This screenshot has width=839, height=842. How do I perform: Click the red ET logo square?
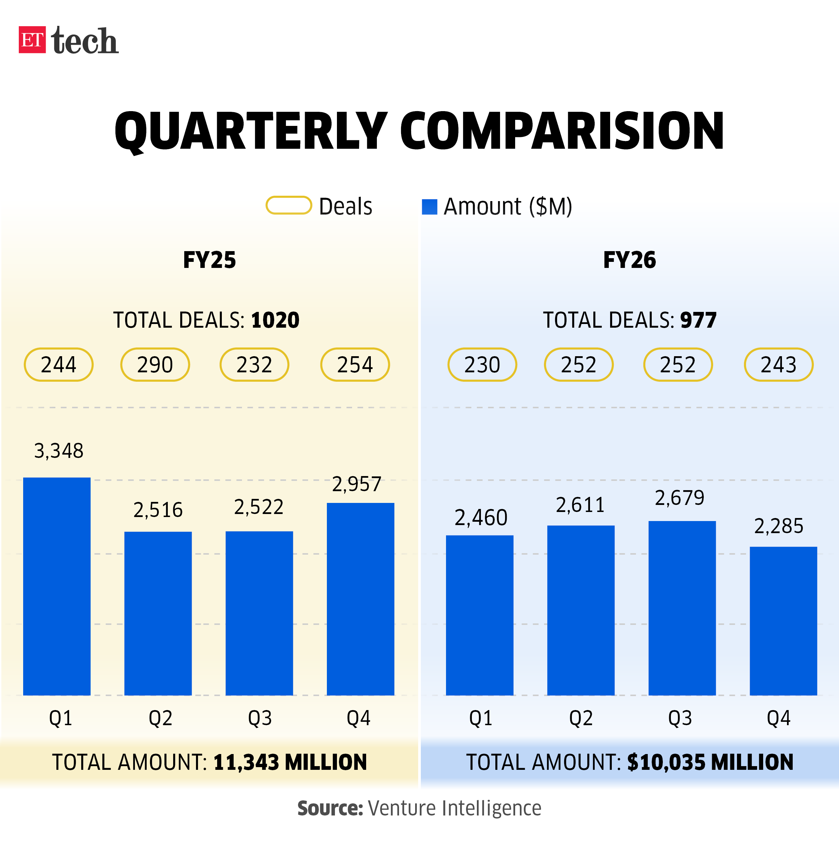[32, 40]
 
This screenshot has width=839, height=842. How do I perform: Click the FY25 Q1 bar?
[57, 586]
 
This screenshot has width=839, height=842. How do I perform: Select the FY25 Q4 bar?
[360, 599]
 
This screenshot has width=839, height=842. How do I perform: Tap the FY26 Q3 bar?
[682, 608]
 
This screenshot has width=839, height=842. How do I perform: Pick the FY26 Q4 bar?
[783, 621]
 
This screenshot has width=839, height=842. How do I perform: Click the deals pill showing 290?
[155, 364]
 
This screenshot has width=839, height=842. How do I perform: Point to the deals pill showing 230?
[482, 364]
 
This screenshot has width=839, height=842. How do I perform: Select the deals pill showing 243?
[779, 364]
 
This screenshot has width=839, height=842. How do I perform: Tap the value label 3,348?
[59, 451]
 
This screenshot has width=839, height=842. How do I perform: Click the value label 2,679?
[680, 498]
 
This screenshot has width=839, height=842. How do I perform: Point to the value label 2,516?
[158, 510]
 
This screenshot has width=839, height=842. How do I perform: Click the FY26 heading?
[630, 260]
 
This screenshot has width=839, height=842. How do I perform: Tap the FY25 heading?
[209, 260]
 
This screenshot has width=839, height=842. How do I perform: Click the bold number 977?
[698, 320]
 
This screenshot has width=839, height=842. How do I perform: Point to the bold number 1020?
[275, 320]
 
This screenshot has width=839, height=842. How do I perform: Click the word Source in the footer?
[330, 808]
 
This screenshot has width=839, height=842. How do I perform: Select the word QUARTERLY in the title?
[250, 131]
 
